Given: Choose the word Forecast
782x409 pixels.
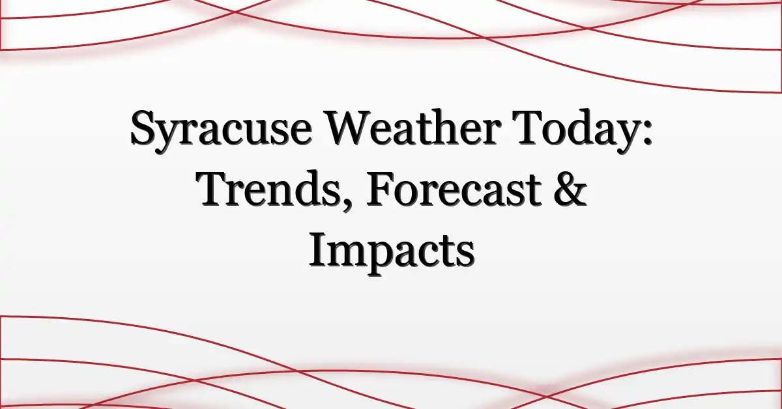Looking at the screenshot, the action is [453, 188].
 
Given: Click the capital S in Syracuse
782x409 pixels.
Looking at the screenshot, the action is [143, 128].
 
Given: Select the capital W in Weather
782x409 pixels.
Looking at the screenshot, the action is [349, 127].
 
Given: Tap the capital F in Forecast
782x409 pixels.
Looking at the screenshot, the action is [381, 188].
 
